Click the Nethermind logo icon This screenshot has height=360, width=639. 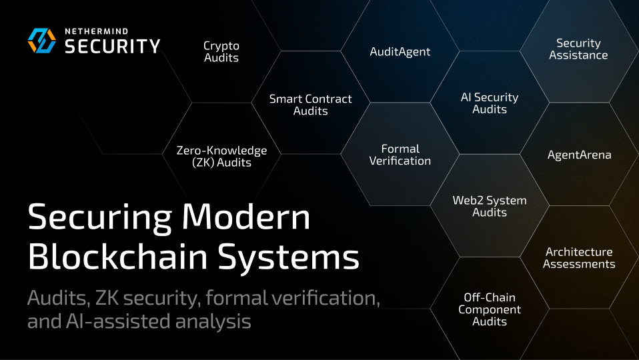pos(42,41)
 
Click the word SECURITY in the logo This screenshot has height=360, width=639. pos(112,46)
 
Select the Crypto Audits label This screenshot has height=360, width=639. pos(221,52)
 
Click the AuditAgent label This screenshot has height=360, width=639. pos(400,51)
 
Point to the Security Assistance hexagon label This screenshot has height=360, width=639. pos(578,49)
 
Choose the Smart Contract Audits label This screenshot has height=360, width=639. pos(310,105)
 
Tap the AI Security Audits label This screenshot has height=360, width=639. pos(490,103)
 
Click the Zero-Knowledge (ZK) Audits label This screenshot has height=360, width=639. pos(221,157)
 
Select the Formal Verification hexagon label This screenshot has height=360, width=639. pos(400,155)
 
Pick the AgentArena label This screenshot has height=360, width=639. pos(579,155)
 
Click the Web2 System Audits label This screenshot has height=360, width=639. pos(490,207)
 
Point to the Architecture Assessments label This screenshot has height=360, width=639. pos(579,258)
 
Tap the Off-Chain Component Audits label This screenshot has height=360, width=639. pos(490,309)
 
